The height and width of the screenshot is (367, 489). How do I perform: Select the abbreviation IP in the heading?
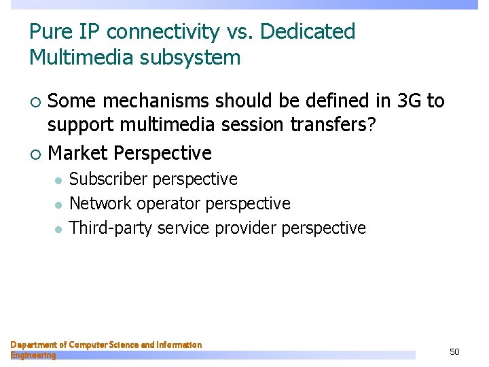(95, 31)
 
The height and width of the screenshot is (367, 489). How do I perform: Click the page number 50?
(454, 351)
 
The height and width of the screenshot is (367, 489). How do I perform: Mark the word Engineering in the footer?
(33, 355)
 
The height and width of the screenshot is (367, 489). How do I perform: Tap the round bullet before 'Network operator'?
(58, 205)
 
